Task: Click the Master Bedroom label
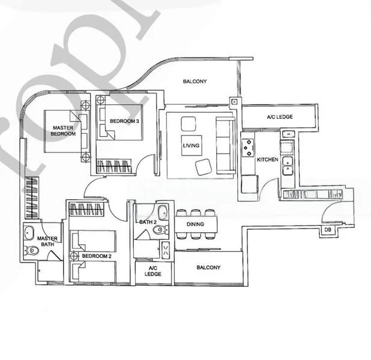pos(63,131)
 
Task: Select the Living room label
pos(191,146)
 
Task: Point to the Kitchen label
pos(267,160)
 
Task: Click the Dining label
pos(195,224)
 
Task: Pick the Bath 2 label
pos(147,222)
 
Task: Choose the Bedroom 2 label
pos(97,256)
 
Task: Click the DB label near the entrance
pos(328,230)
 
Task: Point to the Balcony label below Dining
pos(208,268)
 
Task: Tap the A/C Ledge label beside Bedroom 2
pos(153,271)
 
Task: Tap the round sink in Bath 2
pos(162,212)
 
